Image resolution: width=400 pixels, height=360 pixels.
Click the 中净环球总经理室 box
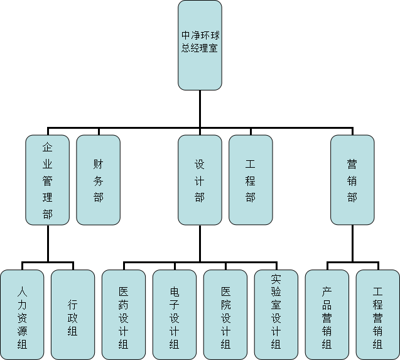[x=200, y=45]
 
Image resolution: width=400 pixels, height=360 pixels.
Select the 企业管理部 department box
[x=47, y=180]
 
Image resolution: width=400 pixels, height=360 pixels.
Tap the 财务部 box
[x=98, y=180]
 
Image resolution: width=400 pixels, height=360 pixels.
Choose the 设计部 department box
[x=200, y=180]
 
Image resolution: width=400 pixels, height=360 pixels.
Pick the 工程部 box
[x=251, y=180]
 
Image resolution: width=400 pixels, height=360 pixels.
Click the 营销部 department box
[x=352, y=180]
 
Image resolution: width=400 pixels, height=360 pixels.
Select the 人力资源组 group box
[x=22, y=315]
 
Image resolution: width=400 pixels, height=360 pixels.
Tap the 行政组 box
[x=73, y=315]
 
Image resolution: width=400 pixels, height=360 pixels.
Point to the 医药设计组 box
[x=124, y=315]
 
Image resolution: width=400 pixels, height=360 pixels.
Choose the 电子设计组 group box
[x=175, y=315]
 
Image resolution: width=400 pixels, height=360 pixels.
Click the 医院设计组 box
[x=225, y=315]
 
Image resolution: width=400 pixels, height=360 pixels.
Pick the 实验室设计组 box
[x=276, y=315]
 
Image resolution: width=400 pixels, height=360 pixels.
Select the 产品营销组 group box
[x=327, y=315]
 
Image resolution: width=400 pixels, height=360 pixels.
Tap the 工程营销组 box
[x=378, y=315]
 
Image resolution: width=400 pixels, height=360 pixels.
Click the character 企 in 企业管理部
[x=47, y=148]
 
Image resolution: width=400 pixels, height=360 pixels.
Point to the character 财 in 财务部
[x=98, y=165]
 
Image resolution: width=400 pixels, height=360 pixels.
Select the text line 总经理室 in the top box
[x=200, y=48]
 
